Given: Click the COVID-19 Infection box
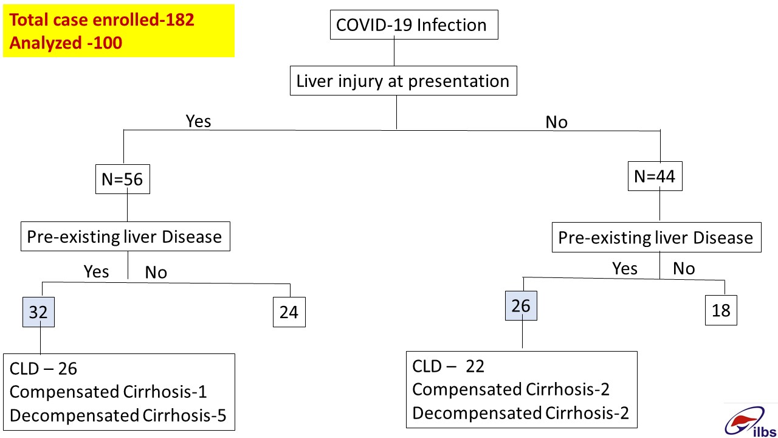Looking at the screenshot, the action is (414, 25).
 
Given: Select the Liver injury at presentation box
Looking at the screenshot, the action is (403, 81).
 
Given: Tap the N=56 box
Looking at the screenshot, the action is (123, 179).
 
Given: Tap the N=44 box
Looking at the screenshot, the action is (655, 176).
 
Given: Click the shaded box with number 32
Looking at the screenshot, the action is (38, 312).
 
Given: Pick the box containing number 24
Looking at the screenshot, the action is (289, 312).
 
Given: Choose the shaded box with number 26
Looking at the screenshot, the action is (521, 305).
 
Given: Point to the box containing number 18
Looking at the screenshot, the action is (721, 310).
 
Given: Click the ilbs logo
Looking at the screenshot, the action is (750, 422).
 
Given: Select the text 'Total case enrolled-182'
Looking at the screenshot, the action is (102, 19).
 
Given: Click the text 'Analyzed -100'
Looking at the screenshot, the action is (66, 43).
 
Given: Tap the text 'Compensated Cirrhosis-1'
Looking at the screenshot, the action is (108, 392).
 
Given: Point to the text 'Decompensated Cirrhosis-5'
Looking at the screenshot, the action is (118, 415).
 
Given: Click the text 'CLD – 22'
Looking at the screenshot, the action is (448, 366).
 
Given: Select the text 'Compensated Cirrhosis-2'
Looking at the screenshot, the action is (511, 389).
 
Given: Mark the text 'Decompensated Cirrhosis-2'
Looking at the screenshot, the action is (520, 413).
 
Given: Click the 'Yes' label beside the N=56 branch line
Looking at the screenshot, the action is (198, 121).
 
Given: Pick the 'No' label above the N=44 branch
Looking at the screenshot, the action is (556, 122).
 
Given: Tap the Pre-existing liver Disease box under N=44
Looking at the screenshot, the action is (656, 237).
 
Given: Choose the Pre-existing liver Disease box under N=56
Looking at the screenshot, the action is (125, 237).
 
